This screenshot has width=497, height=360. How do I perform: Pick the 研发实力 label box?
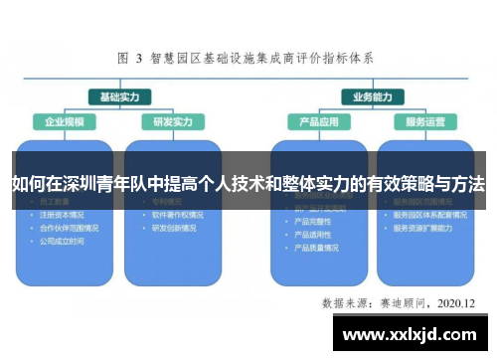tap(172, 122)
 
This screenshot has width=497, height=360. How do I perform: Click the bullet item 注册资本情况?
tap(62, 214)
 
